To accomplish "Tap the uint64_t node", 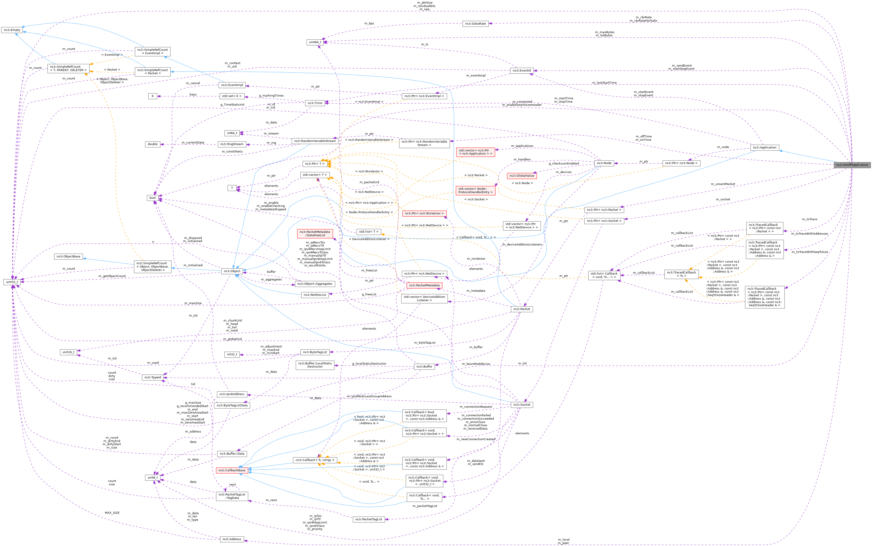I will coord(315,42).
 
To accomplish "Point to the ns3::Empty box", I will coord(12,30).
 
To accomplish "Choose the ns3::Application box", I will coord(764,147).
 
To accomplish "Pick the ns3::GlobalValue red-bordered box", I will coord(522,176).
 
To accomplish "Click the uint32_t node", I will coord(12,282).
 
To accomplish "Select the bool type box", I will coord(153,197).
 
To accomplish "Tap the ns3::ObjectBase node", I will coord(68,256).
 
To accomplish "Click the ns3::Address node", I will coord(232,539).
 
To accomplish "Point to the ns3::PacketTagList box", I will coord(368,519).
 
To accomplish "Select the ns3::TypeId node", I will coord(153,377).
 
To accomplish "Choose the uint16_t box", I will coord(68,352).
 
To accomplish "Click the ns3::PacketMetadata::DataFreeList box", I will coord(315,233).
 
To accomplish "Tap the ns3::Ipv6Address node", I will coord(232,394).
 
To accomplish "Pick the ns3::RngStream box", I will coord(232,144).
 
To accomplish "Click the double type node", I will coord(153,144).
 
